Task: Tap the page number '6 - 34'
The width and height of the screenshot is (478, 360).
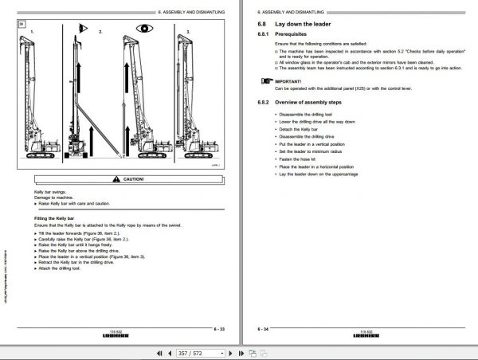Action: (x=262, y=327)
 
